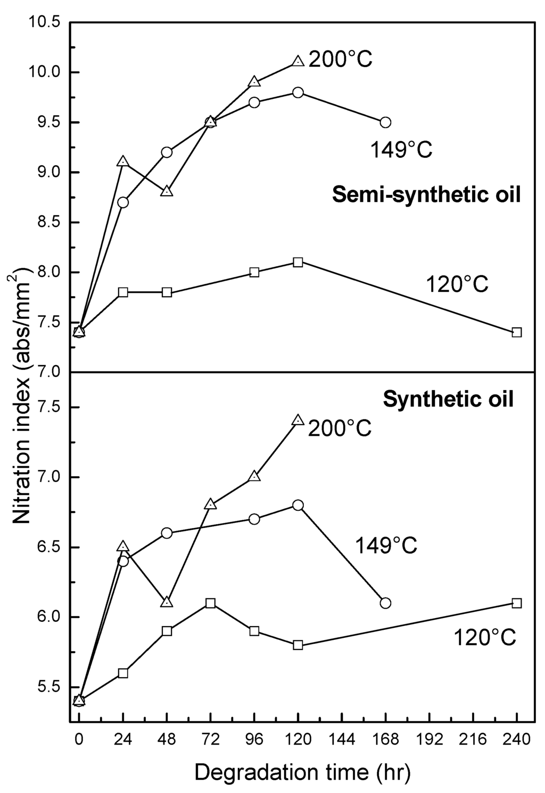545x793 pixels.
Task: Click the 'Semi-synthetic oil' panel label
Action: click(x=426, y=195)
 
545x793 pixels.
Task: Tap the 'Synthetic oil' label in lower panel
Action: click(x=449, y=399)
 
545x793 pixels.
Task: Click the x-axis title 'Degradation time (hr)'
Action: click(x=302, y=772)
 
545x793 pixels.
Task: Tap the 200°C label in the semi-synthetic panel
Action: click(x=341, y=60)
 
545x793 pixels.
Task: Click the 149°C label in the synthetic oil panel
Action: click(x=386, y=545)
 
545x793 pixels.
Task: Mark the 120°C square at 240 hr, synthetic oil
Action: click(x=516, y=603)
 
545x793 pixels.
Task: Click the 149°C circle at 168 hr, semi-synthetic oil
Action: click(x=386, y=122)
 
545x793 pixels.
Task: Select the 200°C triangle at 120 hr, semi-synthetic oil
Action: click(x=298, y=62)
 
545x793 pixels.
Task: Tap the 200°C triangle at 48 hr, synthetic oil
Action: click(x=167, y=602)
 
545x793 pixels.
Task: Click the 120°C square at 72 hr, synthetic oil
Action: click(x=211, y=603)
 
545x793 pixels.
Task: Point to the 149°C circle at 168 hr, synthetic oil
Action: click(x=386, y=603)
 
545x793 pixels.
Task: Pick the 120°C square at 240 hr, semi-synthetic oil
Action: click(x=516, y=332)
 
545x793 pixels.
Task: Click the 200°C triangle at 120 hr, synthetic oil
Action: click(x=298, y=420)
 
